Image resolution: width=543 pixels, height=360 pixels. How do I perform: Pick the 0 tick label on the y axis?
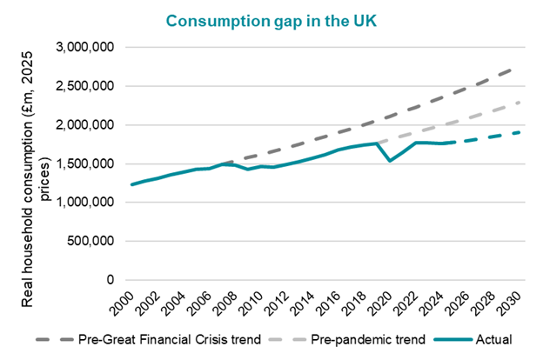click(x=109, y=280)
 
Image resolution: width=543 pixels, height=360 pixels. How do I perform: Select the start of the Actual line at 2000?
click(x=131, y=184)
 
